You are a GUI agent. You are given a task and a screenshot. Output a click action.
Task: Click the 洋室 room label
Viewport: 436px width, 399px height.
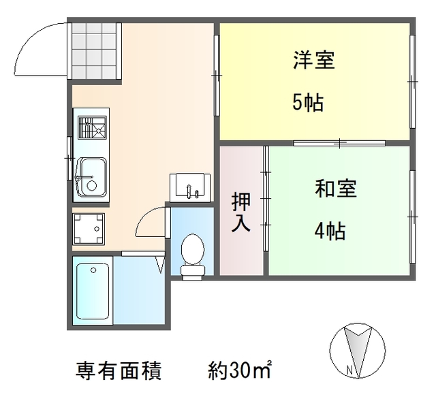(314, 61)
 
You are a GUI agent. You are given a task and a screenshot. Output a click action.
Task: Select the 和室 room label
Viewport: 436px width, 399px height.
(335, 189)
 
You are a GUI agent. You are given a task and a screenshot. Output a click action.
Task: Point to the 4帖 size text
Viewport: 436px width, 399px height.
(329, 232)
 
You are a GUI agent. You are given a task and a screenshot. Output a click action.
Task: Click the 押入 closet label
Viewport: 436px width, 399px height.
(241, 212)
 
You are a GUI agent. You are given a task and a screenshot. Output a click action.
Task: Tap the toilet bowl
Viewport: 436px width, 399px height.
(192, 253)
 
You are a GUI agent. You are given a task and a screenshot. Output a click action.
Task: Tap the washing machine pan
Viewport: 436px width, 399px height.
(89, 228)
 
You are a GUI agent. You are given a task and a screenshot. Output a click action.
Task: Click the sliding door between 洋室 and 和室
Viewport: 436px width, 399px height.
(339, 143)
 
